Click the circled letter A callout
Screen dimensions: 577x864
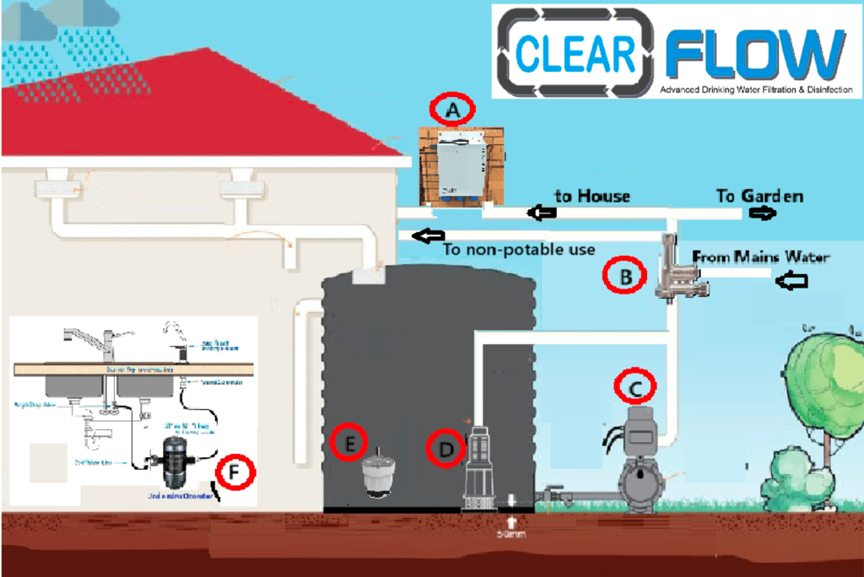coord(452,109)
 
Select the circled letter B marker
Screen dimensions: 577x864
coord(625,276)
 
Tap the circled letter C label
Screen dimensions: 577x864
coord(635,386)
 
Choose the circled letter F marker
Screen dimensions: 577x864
coord(235,473)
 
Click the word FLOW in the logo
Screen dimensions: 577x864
coord(753,53)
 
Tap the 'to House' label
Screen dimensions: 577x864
coord(591,197)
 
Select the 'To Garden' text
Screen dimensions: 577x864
coord(759,197)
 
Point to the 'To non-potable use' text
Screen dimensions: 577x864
coord(519,249)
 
